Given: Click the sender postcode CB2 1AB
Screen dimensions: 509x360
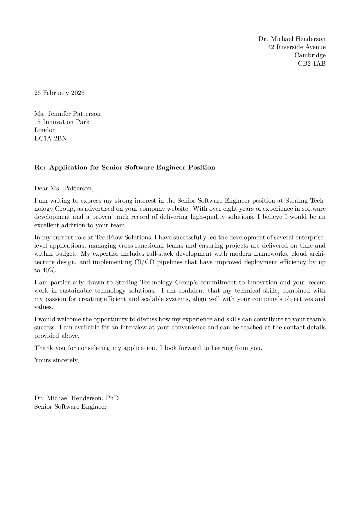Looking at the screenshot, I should click(312, 63).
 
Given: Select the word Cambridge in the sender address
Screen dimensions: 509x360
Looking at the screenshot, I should click(310, 55).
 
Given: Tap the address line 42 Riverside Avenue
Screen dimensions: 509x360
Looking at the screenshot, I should click(296, 47).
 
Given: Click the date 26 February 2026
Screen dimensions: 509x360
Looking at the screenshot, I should click(59, 93).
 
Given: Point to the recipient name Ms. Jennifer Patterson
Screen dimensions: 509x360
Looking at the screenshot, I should click(67, 114).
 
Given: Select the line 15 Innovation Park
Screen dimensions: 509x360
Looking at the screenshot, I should click(62, 122).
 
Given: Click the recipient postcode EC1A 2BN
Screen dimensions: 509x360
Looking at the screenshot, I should click(50, 138).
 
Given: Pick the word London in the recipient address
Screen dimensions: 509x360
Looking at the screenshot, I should click(45, 130).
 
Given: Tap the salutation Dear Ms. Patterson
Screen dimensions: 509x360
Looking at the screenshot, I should click(64, 188).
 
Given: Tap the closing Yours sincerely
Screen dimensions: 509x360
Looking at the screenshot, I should click(56, 360).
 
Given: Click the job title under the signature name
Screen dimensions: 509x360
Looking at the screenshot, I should click(70, 407).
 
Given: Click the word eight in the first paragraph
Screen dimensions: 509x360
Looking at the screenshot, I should click(230, 209).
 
